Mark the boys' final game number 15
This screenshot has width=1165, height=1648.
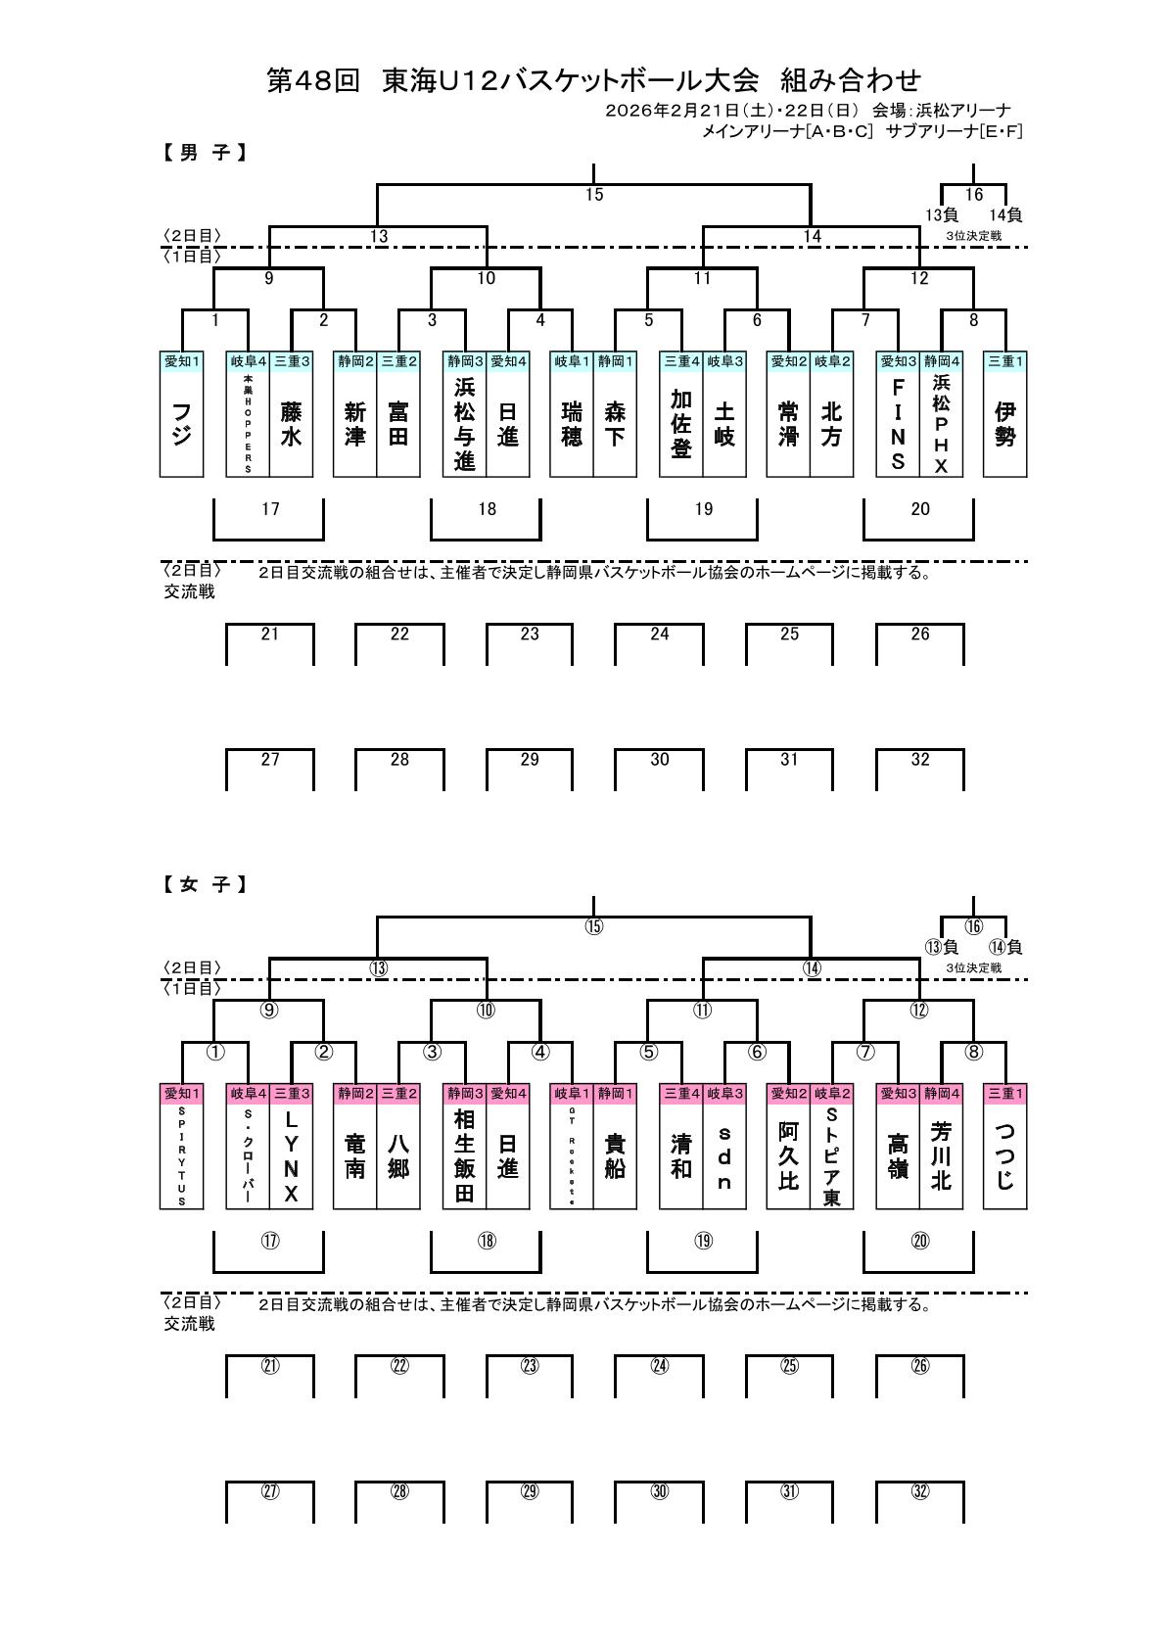(594, 195)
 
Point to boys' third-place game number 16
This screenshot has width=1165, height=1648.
(973, 195)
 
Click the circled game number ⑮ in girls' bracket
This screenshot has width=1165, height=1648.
(594, 927)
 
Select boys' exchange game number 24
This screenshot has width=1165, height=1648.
(660, 635)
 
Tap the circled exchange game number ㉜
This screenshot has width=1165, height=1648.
(919, 1491)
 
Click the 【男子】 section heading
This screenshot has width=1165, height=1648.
(204, 153)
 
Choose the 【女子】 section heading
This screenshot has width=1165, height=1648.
(204, 885)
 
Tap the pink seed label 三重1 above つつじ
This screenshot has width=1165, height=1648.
(1004, 1093)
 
